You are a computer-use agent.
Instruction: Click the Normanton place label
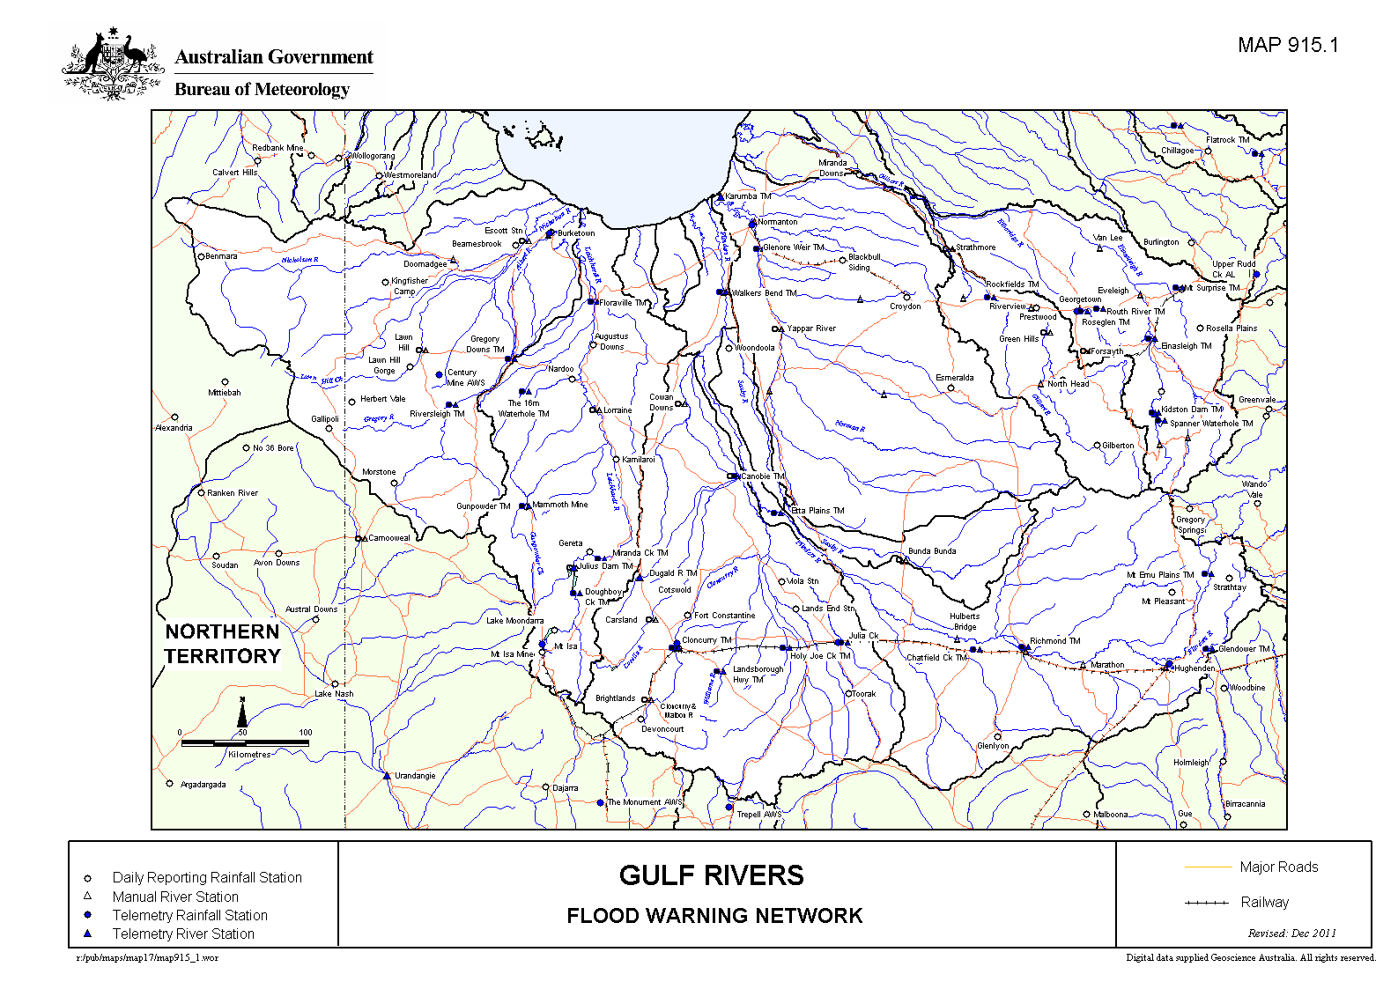[x=777, y=222]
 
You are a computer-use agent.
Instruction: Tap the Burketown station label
[x=576, y=233]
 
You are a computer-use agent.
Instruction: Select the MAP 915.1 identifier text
[x=1287, y=46]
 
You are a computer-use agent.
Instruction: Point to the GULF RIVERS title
[x=711, y=875]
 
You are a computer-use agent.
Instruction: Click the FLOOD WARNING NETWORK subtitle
[x=714, y=916]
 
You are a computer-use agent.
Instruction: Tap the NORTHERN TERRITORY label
[x=222, y=644]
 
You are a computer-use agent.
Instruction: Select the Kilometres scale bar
[x=245, y=743]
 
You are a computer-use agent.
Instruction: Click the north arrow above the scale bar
[x=242, y=712]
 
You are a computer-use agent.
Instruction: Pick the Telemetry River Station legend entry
[x=182, y=934]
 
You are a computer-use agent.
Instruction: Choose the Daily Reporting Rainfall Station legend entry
[x=206, y=877]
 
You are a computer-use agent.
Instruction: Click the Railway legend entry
[x=1264, y=902]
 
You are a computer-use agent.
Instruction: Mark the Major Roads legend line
[x=1208, y=867]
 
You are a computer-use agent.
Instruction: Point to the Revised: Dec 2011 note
[x=1291, y=934]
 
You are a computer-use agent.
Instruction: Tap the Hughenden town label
[x=1195, y=668]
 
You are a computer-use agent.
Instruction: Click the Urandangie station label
[x=415, y=776]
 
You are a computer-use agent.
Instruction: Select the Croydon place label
[x=905, y=306]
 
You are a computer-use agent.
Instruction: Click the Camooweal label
[x=388, y=538]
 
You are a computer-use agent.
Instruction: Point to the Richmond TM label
[x=1054, y=641]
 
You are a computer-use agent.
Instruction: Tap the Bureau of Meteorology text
[x=262, y=89]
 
